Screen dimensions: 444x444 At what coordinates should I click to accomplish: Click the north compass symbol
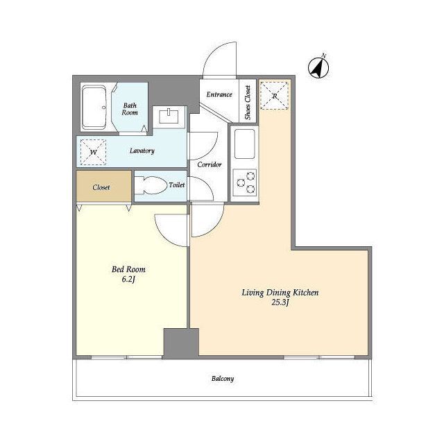pyautogui.click(x=318, y=67)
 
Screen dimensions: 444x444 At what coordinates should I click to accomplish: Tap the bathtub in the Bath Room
pyautogui.click(x=94, y=108)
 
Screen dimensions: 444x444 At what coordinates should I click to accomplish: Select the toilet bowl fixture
pyautogui.click(x=151, y=186)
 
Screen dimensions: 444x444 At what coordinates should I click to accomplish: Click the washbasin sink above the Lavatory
pyautogui.click(x=169, y=117)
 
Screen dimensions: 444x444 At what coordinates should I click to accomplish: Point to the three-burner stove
pyautogui.click(x=245, y=182)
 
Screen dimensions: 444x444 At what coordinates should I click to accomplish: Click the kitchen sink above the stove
pyautogui.click(x=245, y=144)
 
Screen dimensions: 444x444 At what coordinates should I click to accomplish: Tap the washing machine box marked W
pyautogui.click(x=94, y=152)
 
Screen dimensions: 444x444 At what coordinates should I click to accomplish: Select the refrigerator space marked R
pyautogui.click(x=274, y=96)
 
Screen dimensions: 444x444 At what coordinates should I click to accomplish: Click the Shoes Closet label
pyautogui.click(x=248, y=102)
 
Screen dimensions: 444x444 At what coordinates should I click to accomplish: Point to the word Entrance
pyautogui.click(x=219, y=94)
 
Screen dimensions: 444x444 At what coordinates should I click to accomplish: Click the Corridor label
pyautogui.click(x=210, y=164)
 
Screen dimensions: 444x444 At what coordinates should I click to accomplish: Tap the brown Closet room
pyautogui.click(x=104, y=186)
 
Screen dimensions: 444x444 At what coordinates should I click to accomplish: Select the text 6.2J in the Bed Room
pyautogui.click(x=128, y=280)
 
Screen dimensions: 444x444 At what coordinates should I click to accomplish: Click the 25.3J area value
pyautogui.click(x=280, y=302)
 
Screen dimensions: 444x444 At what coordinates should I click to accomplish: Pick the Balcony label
pyautogui.click(x=223, y=379)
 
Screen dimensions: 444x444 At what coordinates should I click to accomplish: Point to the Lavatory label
pyautogui.click(x=142, y=151)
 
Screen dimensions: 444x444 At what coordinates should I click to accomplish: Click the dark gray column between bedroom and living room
pyautogui.click(x=181, y=343)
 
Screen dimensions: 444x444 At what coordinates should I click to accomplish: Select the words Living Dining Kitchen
pyautogui.click(x=280, y=293)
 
